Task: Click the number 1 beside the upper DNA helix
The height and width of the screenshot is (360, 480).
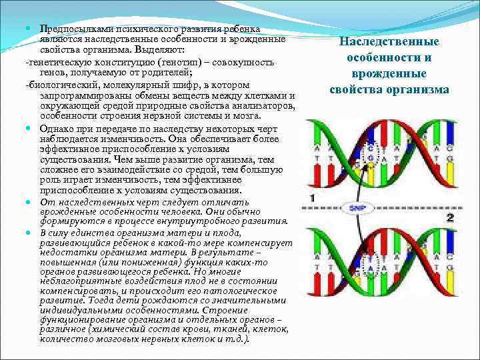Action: click(313, 198)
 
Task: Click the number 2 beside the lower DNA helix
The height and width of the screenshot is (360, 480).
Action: click(450, 217)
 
